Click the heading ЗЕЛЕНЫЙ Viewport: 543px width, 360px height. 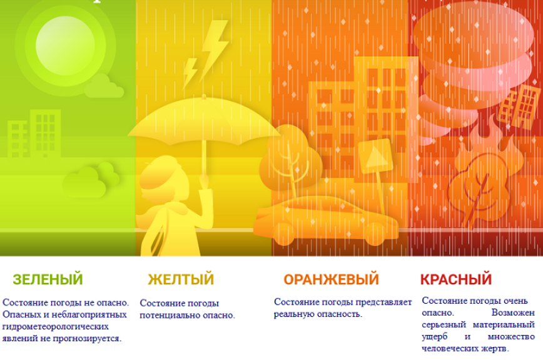point(48,279)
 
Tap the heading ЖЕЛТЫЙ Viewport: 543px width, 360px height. point(181,279)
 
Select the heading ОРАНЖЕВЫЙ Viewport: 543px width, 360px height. point(331,279)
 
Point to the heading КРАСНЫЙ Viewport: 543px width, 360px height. point(455,279)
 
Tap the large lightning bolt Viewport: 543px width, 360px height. point(213,48)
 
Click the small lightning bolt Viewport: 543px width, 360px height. point(190,73)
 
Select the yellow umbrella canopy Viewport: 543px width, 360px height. point(205,120)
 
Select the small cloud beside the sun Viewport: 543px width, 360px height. point(104,86)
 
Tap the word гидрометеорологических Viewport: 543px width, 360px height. point(56,326)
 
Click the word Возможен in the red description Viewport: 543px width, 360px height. point(513,312)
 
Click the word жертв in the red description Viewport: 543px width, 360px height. point(495,348)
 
